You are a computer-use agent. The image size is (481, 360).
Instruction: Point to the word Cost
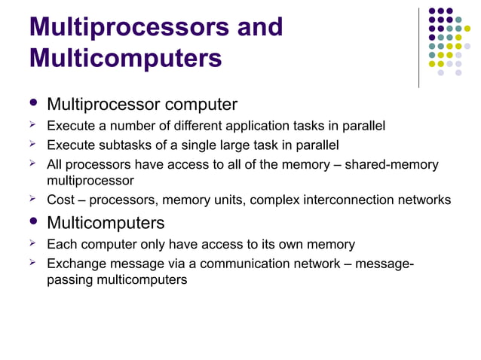point(60,200)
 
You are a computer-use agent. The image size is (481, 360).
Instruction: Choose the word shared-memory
point(392,164)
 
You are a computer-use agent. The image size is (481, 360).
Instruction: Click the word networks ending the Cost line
point(427,200)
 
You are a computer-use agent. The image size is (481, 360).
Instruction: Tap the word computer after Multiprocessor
point(197,104)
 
